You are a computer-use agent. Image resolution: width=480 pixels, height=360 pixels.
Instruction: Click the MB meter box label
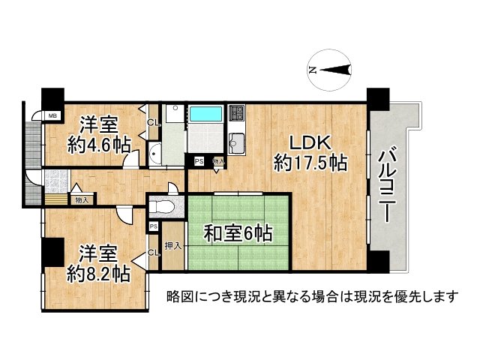pos(52,115)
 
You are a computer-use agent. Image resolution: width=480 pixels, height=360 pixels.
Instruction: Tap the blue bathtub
pos(205,115)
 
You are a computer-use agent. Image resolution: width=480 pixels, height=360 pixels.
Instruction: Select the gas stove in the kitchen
pos(236,114)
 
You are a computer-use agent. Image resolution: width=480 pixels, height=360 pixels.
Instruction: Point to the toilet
pos(162,204)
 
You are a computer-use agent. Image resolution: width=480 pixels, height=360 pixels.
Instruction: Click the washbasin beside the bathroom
pos(155,155)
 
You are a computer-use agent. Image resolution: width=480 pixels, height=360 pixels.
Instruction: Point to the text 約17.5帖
pos(310,162)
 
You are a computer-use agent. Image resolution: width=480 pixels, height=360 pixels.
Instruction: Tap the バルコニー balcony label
pos(387,184)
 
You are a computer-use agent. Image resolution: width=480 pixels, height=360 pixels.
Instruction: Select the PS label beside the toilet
pos(153,226)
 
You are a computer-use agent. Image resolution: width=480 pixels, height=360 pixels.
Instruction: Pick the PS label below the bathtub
pos(199,160)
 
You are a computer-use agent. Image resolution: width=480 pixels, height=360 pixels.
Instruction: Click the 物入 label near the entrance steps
pos(81,199)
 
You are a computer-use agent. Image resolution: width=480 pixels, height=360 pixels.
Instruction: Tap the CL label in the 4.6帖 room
pos(152,122)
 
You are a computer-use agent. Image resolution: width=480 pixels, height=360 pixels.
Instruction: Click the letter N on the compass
pos(312,70)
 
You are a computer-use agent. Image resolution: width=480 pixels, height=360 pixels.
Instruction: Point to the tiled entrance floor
pos(57,181)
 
